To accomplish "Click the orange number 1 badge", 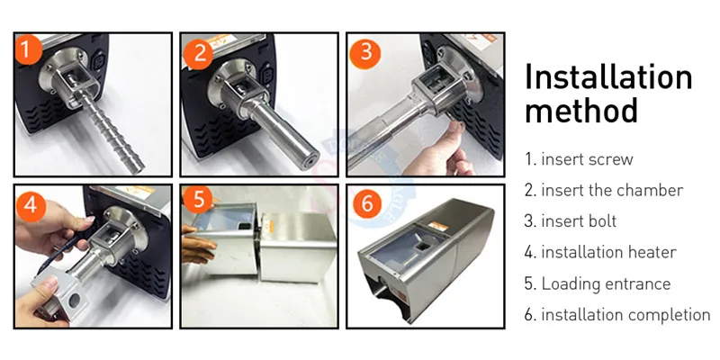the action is pos(28,49).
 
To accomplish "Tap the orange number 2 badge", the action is pos(198,54).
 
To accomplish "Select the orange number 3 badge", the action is pos(365,54).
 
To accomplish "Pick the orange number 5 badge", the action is pos(198,198).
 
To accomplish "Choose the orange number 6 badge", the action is pos(366,203).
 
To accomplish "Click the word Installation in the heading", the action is pos(608,76).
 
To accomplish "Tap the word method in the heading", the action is pos(580,110).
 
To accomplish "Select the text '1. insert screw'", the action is pos(579,159).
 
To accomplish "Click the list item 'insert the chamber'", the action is pos(612,190).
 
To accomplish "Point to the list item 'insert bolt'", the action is pos(579,221).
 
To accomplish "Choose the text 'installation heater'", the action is pos(609,252).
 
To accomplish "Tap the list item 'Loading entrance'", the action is pos(606,283).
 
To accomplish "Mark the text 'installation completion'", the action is pos(625,315).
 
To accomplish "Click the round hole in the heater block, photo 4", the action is pos(74,301).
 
